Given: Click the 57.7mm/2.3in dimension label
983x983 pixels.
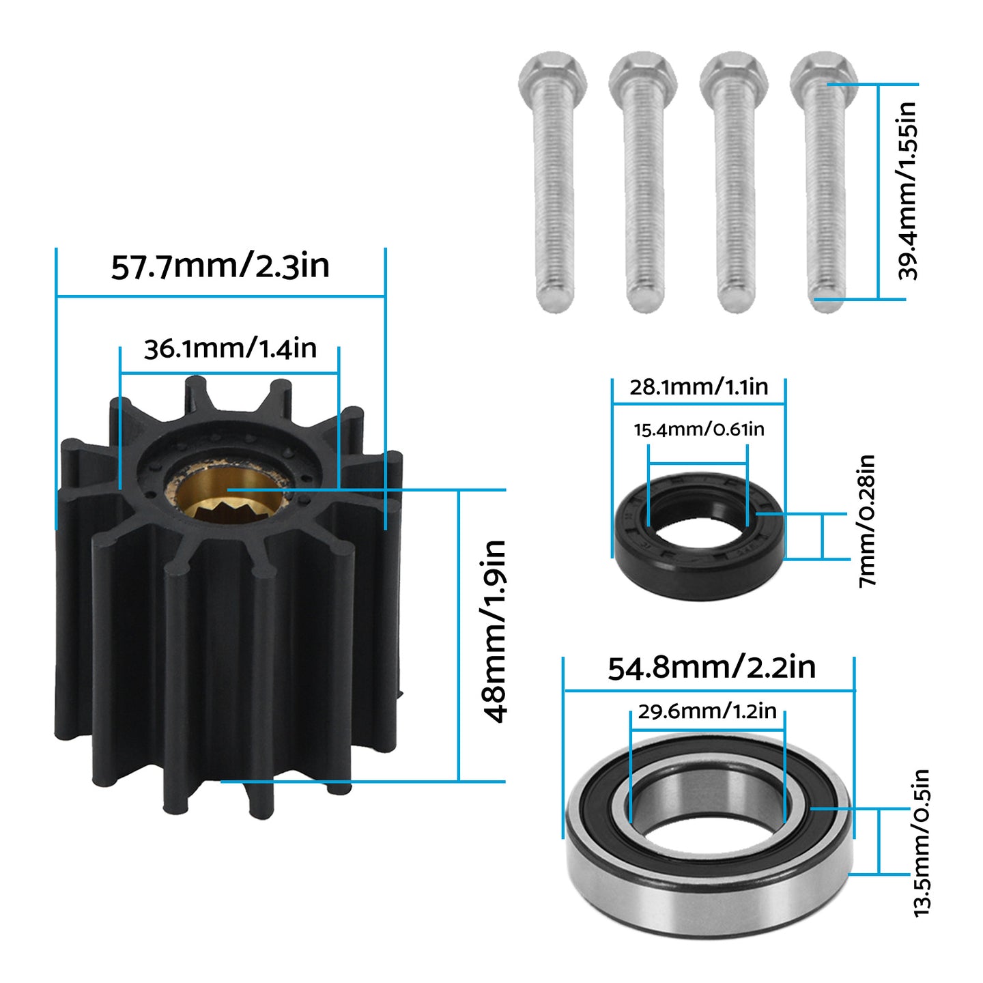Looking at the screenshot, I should click(x=220, y=266).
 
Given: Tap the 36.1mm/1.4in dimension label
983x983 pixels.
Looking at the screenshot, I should click(x=230, y=349).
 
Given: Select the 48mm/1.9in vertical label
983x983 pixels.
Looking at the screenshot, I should click(x=495, y=631).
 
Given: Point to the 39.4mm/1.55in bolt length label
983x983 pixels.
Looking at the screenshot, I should click(x=907, y=190).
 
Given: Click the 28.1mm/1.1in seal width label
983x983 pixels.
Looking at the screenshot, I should click(x=698, y=387).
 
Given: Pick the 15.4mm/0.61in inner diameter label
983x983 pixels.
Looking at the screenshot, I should click(x=699, y=429).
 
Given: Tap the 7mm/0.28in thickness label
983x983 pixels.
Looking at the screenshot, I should click(x=866, y=520).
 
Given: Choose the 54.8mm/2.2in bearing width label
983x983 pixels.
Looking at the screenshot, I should click(x=711, y=667).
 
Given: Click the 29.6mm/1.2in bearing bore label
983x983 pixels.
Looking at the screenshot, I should click(x=707, y=711).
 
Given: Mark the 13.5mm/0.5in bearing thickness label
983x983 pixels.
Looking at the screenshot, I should click(x=922, y=842).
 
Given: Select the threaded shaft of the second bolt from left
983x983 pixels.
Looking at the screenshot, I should click(x=644, y=198).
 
